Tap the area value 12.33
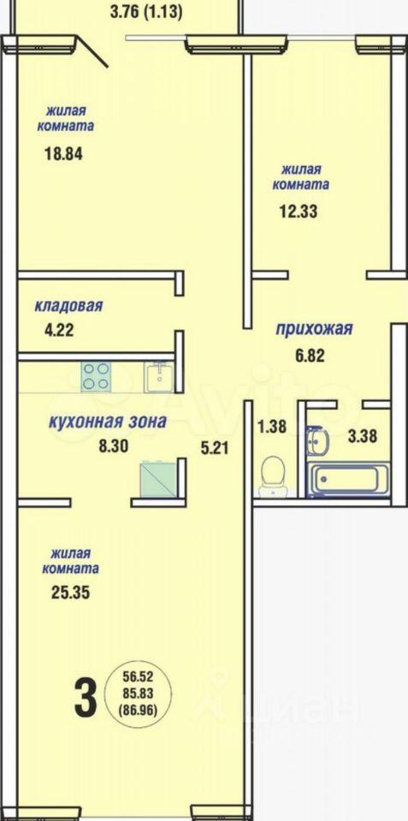[299, 212]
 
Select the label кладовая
[68, 306]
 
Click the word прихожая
[314, 329]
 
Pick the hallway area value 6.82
[309, 356]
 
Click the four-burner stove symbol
[96, 376]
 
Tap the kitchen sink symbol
[160, 376]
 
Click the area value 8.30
[114, 446]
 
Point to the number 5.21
[215, 447]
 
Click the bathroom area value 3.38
[363, 435]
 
